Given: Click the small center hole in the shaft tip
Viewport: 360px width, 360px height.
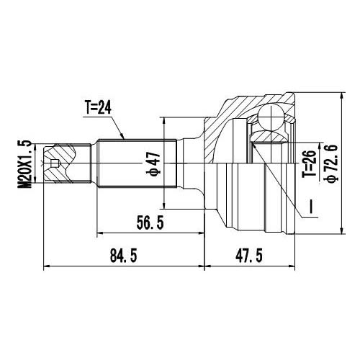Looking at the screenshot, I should tap(56, 165).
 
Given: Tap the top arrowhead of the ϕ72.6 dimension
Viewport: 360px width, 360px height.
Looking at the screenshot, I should tap(341, 96).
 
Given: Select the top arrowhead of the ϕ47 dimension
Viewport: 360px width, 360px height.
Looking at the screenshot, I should tap(165, 121).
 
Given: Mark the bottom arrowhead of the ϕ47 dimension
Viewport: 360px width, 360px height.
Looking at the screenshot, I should tap(165, 207).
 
